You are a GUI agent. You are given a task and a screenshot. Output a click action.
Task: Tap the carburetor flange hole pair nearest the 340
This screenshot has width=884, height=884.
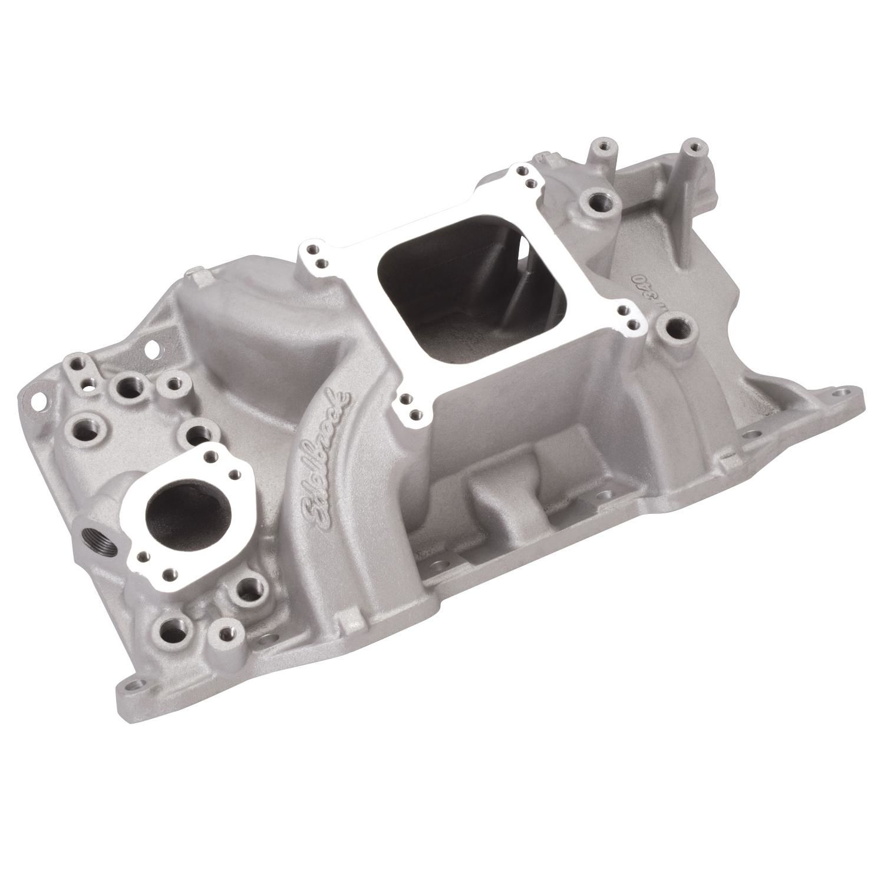click(x=629, y=319)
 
